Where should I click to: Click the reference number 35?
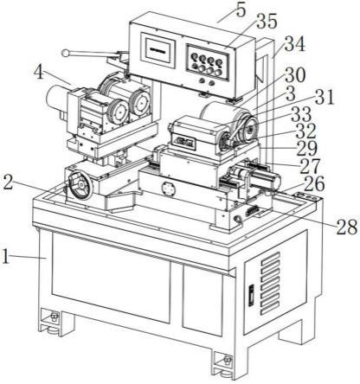click(x=267, y=22)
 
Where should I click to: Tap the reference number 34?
click(x=294, y=44)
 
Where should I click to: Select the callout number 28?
click(x=347, y=227)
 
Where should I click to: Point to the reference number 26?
click(x=314, y=184)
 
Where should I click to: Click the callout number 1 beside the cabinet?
click(x=5, y=256)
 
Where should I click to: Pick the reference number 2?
click(x=8, y=182)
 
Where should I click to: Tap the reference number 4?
click(x=39, y=72)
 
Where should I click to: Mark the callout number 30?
click(x=295, y=75)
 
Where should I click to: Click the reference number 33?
click(x=301, y=114)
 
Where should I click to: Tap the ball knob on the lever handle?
click(x=66, y=53)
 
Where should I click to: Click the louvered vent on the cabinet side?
click(x=270, y=283)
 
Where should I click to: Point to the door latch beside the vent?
click(x=251, y=295)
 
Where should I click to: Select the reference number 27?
click(x=311, y=166)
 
